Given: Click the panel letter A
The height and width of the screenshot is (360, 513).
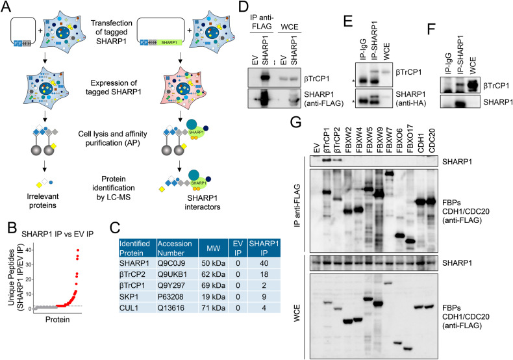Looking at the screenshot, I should (x=7, y=7).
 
